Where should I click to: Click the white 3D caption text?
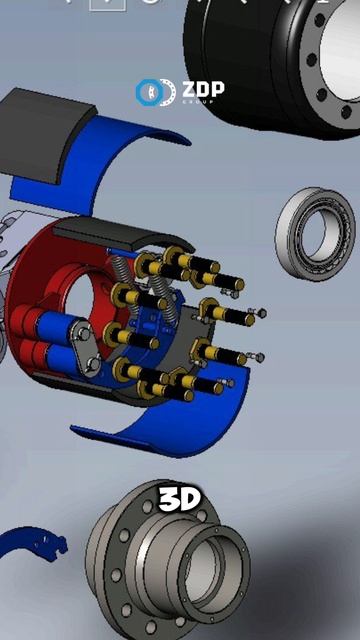click(x=179, y=499)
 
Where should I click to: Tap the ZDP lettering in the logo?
click(x=203, y=89)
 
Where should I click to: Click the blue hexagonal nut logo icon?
click(x=148, y=92)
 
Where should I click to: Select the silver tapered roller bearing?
click(x=315, y=234)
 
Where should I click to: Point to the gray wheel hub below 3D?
click(x=167, y=563)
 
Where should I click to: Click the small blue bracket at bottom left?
click(x=33, y=543)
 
